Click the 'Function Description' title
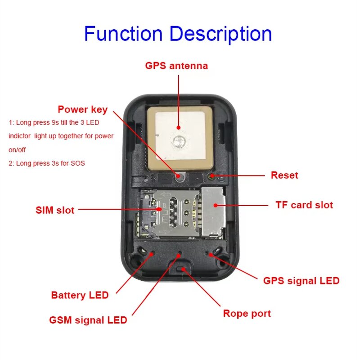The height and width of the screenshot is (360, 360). (x=178, y=34)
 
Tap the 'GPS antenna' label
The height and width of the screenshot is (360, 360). (x=176, y=66)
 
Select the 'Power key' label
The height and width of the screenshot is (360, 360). (x=82, y=109)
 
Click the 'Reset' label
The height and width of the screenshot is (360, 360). (x=284, y=175)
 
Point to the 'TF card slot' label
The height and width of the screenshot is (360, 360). (x=304, y=205)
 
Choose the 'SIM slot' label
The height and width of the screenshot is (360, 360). (x=55, y=210)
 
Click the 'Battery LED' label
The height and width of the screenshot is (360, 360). (x=80, y=295)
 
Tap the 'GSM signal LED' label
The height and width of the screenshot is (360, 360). (x=88, y=320)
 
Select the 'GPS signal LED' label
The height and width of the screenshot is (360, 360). (x=301, y=281)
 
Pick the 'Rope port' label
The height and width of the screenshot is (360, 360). (x=247, y=313)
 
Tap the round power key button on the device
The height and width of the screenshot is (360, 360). (x=180, y=176)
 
